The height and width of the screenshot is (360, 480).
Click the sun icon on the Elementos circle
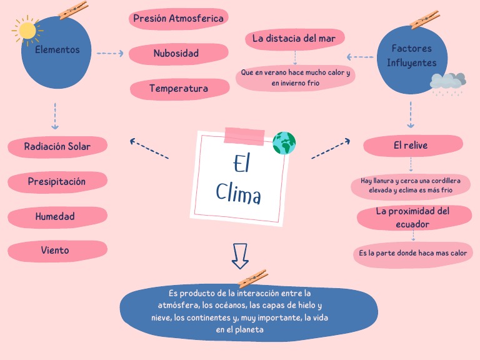tap(26, 29)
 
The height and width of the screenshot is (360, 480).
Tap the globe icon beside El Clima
tap(284, 143)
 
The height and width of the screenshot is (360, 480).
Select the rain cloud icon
tap(447, 82)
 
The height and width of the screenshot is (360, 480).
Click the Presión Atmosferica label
tap(178, 19)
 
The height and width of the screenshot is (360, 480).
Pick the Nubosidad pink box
tap(176, 54)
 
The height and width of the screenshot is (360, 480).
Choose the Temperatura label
tap(179, 89)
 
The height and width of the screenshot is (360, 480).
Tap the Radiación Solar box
tap(57, 147)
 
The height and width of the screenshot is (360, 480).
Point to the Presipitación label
tap(56, 182)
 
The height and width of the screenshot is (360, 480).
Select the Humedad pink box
tap(55, 217)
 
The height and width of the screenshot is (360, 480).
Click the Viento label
tap(55, 251)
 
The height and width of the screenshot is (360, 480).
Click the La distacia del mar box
tap(294, 39)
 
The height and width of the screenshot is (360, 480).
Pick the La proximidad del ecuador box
tap(412, 217)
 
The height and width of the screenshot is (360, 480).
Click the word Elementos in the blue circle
tap(57, 49)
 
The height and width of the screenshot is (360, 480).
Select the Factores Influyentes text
tap(411, 56)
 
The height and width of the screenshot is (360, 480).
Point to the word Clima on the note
tap(239, 193)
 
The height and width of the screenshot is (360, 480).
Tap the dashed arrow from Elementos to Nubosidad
tap(110, 54)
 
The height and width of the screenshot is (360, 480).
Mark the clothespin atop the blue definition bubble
tap(252, 278)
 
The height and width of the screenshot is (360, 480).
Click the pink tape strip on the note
tap(244, 135)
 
